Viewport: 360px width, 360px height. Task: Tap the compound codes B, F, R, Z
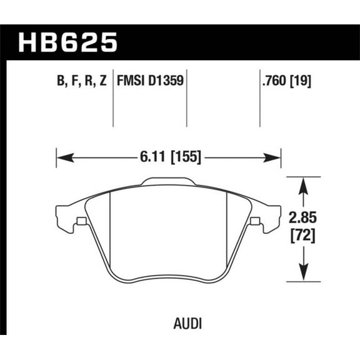[x=80, y=81]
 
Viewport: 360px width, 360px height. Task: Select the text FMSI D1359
[x=151, y=81]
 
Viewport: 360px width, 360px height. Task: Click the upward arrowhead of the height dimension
[x=303, y=182]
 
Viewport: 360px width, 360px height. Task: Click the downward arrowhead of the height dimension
[x=303, y=275]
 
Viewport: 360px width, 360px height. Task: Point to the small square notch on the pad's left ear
[x=81, y=221]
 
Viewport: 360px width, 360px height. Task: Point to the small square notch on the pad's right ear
[x=255, y=221]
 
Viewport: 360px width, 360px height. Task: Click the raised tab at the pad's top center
[x=168, y=182]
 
